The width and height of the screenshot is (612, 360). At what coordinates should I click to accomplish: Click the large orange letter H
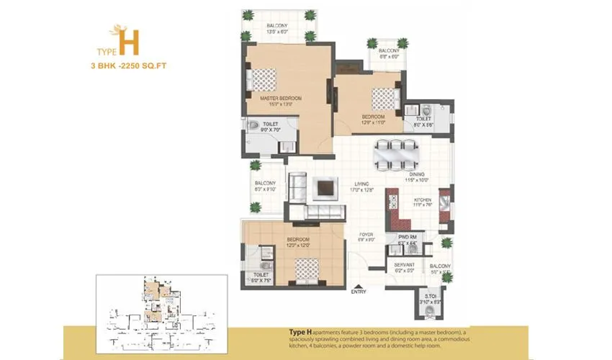[x=130, y=42]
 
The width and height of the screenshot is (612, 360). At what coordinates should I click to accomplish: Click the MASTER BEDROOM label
[x=282, y=97]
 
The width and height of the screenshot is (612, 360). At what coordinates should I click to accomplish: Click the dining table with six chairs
[x=398, y=153]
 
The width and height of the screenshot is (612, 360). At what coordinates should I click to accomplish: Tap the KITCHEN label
[x=422, y=202]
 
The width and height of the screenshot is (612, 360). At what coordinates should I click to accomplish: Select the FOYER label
[x=366, y=234]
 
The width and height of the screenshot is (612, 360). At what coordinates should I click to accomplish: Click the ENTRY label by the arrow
[x=358, y=292]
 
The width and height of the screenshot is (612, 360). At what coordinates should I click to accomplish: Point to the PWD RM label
[x=408, y=238]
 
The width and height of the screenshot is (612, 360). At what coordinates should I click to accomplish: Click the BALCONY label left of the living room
[x=265, y=183]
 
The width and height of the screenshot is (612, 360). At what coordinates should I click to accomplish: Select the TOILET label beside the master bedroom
[x=271, y=124]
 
